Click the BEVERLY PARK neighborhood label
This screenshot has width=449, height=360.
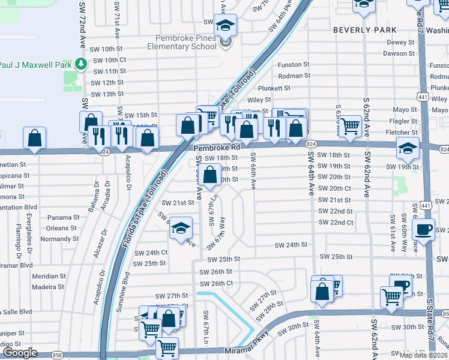coord(364,29)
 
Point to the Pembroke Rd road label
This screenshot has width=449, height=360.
coord(216,146)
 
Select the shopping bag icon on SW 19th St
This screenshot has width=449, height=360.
coord(209,176)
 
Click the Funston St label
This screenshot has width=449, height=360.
coord(294,64)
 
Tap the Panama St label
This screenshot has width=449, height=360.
coord(64,217)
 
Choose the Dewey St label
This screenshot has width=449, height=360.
coord(397,42)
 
